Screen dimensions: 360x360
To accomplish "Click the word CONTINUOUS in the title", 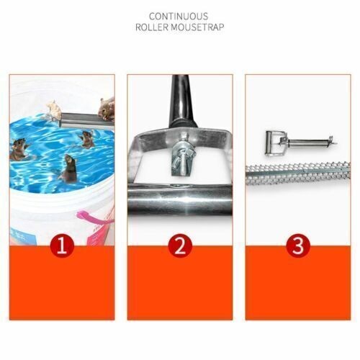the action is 179,17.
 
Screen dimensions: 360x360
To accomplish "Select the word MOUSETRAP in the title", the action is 197,27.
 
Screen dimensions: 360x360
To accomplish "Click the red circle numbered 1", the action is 62,246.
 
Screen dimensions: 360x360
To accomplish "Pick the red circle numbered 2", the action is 180,246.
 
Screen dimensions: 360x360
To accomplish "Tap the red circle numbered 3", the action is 298,246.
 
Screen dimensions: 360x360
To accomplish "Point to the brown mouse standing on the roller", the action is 107,109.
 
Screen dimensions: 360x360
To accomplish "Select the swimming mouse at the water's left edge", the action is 19,149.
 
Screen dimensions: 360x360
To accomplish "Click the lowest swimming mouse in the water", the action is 69,168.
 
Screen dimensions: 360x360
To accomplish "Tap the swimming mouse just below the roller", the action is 87,139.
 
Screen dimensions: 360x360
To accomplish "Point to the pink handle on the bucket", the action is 94,218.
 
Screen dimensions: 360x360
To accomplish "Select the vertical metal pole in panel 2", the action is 182,101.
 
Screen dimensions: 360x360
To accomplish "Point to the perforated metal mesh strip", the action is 298,174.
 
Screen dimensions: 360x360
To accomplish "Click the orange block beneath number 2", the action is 180,283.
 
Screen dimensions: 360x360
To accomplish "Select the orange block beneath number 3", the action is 298,283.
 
